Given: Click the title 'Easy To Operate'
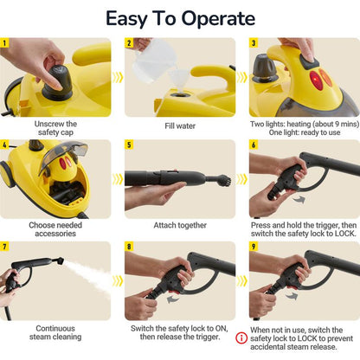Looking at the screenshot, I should point(180,18).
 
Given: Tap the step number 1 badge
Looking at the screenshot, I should point(6,42).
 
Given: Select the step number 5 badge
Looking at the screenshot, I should point(130,145).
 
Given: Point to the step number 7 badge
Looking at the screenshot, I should point(6,246).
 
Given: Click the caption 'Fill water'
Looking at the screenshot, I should point(180,125).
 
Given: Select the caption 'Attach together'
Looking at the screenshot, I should point(180,226).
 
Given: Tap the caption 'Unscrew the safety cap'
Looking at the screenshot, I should point(59,129).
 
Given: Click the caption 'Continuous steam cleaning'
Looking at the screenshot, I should point(59,333).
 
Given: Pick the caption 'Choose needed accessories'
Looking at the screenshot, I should point(59,231).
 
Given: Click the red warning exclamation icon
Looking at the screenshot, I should point(241,338).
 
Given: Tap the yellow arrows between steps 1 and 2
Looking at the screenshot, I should point(118,77).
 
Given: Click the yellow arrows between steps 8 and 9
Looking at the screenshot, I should point(241,280).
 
